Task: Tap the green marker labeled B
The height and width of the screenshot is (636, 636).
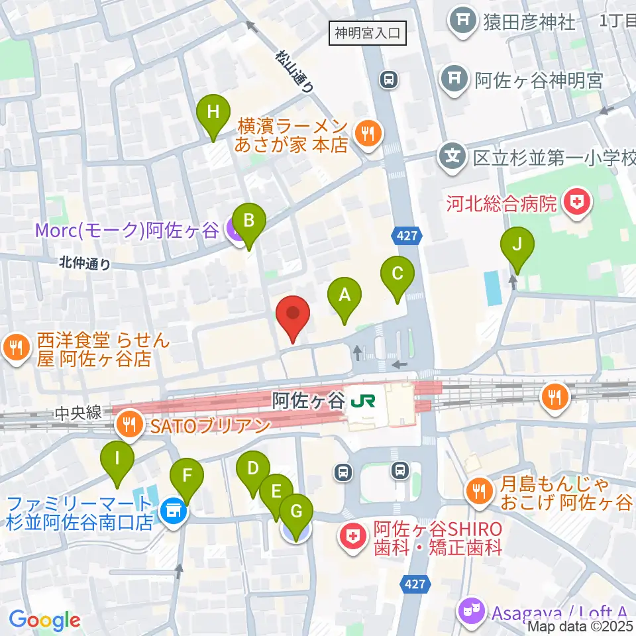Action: [x=248, y=221]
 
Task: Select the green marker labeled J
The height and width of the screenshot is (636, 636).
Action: [x=518, y=245]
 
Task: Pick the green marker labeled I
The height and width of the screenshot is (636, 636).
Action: [x=117, y=458]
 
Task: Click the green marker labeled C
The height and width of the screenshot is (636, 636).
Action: [x=397, y=274]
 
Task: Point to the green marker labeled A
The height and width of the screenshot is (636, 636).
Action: [x=344, y=295]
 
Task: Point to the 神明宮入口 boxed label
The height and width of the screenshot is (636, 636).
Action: [x=368, y=32]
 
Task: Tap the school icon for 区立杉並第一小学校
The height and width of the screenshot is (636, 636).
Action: [x=452, y=157]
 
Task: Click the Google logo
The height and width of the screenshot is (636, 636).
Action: [x=44, y=619]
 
